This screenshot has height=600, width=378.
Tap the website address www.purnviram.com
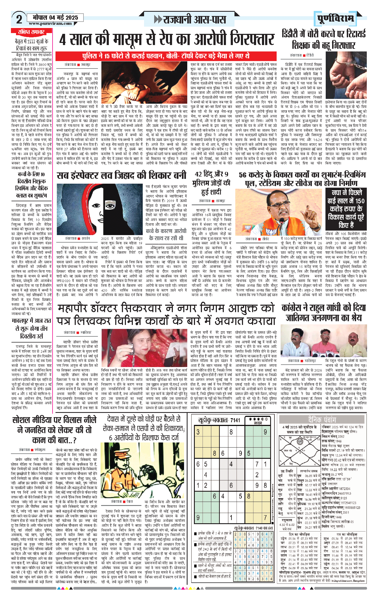[x=50, y=23]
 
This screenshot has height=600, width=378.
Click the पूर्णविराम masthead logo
[x=335, y=18]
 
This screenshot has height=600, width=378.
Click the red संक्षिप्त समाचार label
[x=31, y=32]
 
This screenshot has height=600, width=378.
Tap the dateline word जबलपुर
[x=86, y=65]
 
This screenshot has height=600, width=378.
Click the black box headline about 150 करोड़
[x=346, y=209]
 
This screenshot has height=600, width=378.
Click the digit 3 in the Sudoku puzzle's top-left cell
[x=198, y=432]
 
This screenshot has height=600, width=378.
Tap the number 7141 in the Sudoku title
[x=235, y=420]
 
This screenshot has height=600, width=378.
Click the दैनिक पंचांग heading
[x=322, y=420]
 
